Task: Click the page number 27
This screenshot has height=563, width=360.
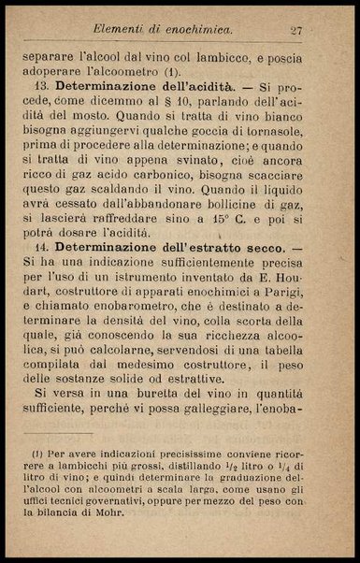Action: click(297, 31)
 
